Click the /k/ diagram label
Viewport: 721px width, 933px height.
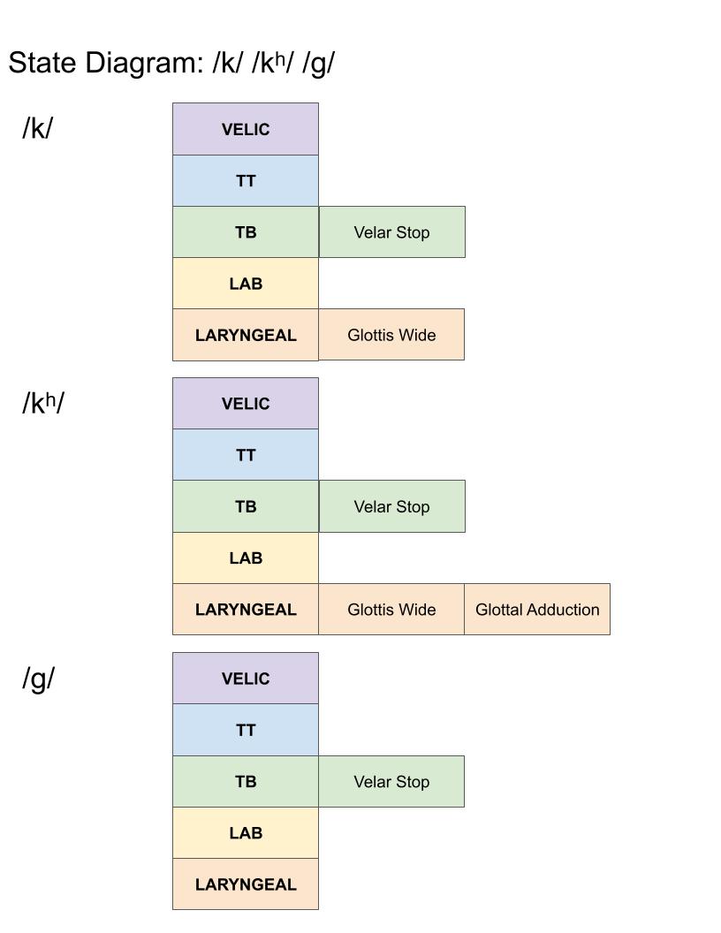click(x=37, y=128)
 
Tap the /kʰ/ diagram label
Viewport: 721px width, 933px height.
click(x=43, y=403)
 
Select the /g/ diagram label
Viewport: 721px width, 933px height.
click(x=38, y=679)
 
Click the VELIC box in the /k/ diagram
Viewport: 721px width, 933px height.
click(x=245, y=129)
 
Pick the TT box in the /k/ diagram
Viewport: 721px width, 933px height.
click(x=245, y=180)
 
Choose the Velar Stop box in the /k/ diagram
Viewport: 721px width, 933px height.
click(x=391, y=232)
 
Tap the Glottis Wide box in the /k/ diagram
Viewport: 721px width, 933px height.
click(x=391, y=335)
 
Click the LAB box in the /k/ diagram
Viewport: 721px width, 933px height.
click(x=245, y=284)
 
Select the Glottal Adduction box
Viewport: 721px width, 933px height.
click(x=536, y=610)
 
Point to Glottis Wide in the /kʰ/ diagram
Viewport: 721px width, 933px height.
click(x=391, y=610)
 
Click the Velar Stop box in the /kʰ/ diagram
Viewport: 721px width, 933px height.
click(x=391, y=506)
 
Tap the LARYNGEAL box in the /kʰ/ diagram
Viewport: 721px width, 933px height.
click(x=245, y=610)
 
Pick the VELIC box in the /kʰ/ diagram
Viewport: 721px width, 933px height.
click(x=245, y=404)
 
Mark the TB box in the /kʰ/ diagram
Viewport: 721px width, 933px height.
click(x=245, y=506)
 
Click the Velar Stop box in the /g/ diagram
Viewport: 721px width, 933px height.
click(x=391, y=782)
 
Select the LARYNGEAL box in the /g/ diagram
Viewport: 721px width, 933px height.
click(x=245, y=884)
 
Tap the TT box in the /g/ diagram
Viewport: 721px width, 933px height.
click(x=245, y=730)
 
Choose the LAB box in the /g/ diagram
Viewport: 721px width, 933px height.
click(x=245, y=833)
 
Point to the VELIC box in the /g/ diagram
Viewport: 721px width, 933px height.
click(x=245, y=679)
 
